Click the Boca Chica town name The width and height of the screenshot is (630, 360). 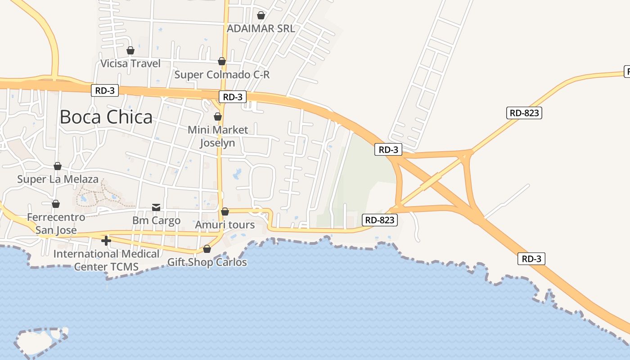point(106,117)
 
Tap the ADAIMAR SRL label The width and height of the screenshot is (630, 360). point(261,29)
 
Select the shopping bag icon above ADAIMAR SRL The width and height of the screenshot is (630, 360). point(261,16)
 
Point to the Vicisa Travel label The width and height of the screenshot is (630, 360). point(130,63)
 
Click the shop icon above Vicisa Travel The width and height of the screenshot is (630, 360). point(130,50)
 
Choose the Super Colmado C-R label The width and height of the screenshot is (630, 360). point(222,75)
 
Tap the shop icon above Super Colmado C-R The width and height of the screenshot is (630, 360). point(222,61)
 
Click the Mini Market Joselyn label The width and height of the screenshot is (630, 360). point(218,136)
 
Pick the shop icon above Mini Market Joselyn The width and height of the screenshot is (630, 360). point(218,117)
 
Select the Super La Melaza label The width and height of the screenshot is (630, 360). point(58,179)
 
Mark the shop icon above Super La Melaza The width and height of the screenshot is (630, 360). point(58,166)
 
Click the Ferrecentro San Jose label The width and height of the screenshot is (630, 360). point(56,224)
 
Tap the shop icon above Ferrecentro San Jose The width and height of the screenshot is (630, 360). point(56,204)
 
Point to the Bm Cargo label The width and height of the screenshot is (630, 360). point(156,220)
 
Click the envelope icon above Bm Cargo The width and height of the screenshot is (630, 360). point(156,207)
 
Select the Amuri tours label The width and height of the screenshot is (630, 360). point(225,225)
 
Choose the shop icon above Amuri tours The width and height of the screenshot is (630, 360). point(225,211)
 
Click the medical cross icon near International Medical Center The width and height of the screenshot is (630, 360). point(106,241)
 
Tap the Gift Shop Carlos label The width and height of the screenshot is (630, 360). point(207,262)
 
